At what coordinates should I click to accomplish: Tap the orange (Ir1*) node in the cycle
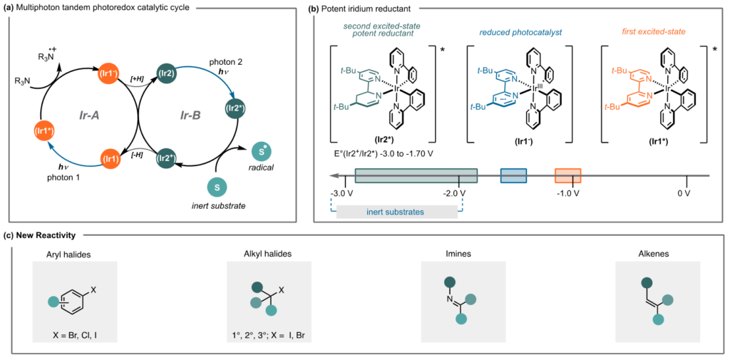tap(46, 131)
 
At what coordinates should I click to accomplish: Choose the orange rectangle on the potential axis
tap(567, 175)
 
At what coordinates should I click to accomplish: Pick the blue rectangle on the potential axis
tap(513, 175)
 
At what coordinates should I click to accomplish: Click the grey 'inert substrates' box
tap(396, 212)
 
